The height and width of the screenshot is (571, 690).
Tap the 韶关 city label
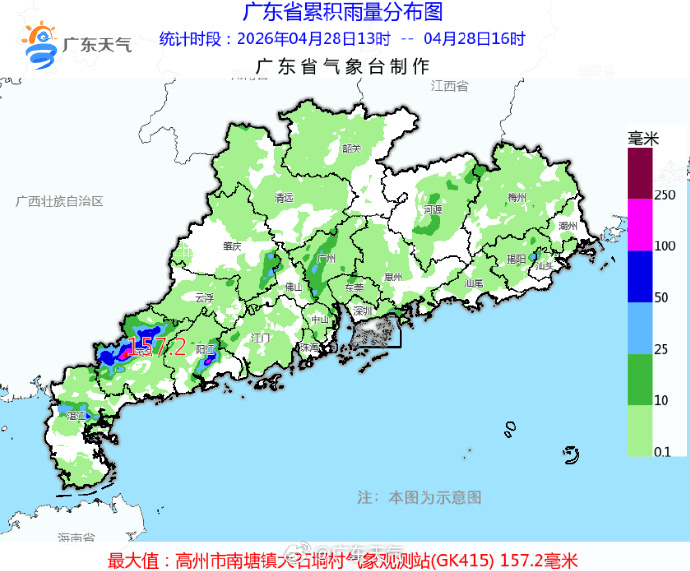(x=350, y=148)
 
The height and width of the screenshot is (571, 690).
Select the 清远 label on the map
(x=285, y=198)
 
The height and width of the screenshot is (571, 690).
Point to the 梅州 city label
(x=516, y=198)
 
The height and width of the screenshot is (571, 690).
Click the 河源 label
(x=432, y=210)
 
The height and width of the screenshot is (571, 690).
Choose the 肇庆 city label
(x=233, y=245)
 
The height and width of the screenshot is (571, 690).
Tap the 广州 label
(x=325, y=258)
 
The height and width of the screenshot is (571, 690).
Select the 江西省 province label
(x=449, y=87)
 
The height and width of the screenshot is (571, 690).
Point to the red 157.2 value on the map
(x=158, y=347)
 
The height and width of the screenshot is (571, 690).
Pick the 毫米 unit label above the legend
(x=642, y=137)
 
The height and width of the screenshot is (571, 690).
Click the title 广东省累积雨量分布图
(x=343, y=13)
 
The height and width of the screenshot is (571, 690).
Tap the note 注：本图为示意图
(x=420, y=497)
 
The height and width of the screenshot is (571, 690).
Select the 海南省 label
(x=75, y=538)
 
